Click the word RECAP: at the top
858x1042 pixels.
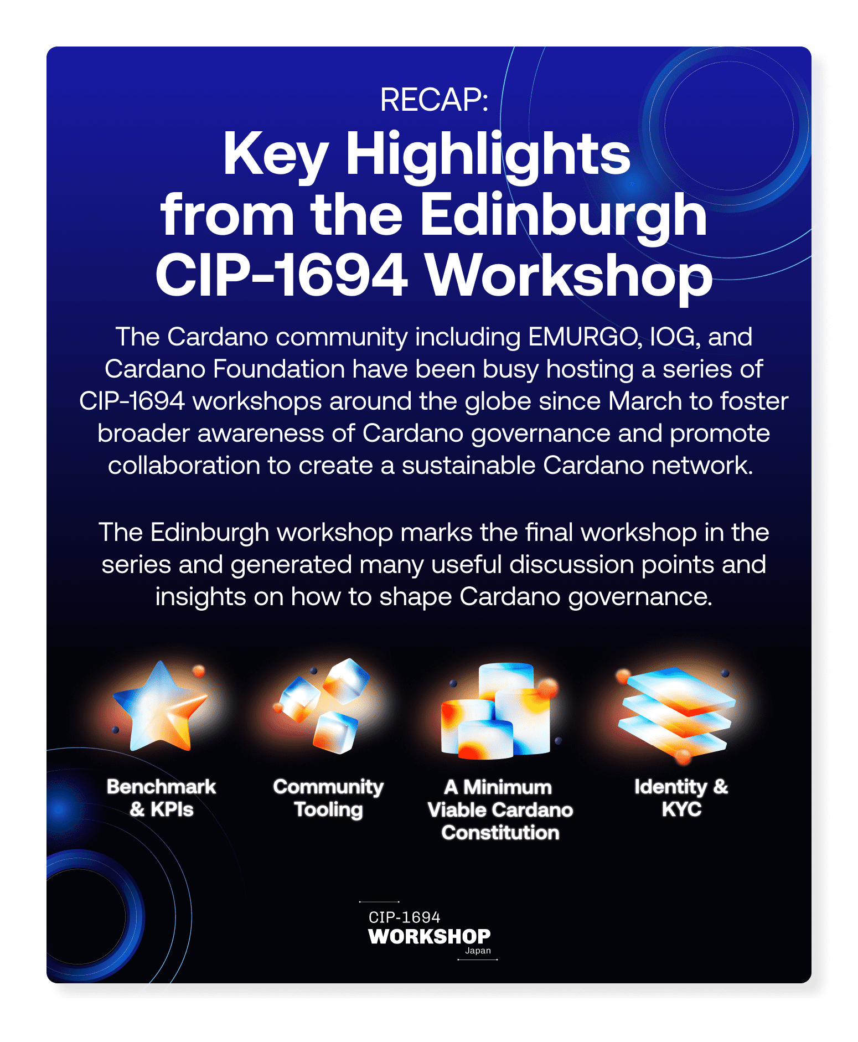coord(434,100)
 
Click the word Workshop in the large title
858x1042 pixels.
coord(569,276)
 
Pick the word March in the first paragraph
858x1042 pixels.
coord(645,401)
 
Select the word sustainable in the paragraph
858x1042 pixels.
coord(468,466)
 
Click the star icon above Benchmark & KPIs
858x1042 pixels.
coord(160,706)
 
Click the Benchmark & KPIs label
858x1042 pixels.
coord(161,798)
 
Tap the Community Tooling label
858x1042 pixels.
coord(328,798)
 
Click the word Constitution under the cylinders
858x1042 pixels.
coord(500,833)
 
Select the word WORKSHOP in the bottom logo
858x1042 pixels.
coord(430,936)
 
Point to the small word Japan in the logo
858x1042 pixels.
coord(478,951)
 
